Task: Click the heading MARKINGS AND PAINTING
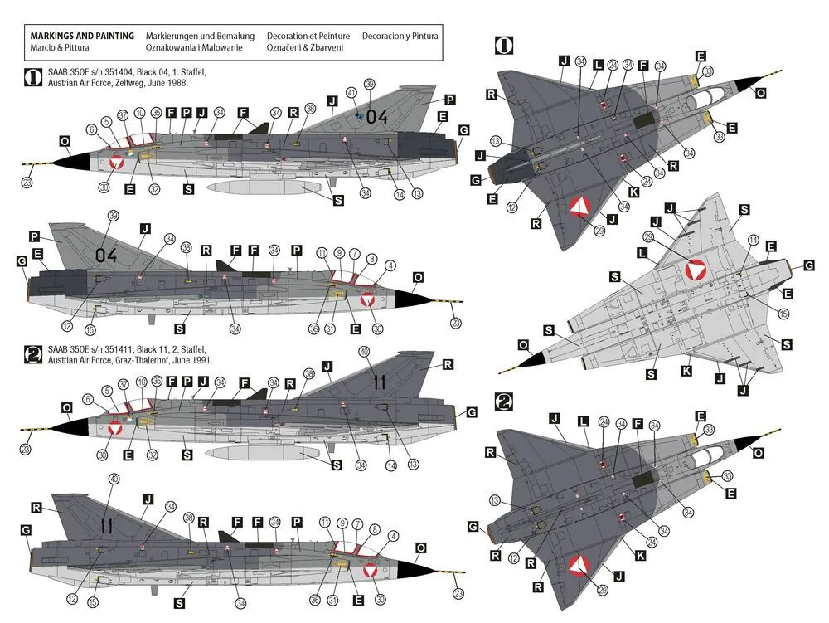point(82,37)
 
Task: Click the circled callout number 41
point(351,93)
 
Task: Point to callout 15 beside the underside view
point(783,314)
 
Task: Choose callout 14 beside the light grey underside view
point(753,240)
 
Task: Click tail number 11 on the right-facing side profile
point(106,524)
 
